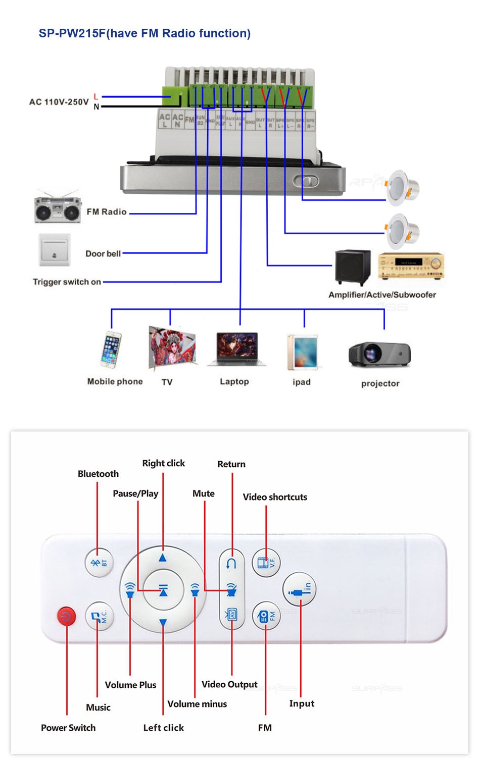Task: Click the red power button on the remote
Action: click(x=66, y=616)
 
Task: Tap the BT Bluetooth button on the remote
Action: click(x=99, y=562)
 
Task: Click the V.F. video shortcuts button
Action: click(x=266, y=562)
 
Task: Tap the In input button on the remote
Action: click(x=300, y=589)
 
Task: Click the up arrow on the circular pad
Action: click(x=163, y=558)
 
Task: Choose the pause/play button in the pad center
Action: click(x=163, y=590)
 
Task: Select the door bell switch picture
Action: click(x=55, y=250)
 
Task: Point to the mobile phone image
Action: click(x=111, y=349)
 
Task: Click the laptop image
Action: click(x=236, y=349)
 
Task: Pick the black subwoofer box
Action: click(x=353, y=267)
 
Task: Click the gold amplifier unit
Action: click(x=411, y=266)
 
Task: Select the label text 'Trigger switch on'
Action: click(x=67, y=282)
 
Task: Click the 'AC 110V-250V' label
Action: click(x=59, y=102)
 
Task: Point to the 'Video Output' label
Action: click(x=229, y=684)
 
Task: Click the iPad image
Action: click(x=302, y=352)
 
